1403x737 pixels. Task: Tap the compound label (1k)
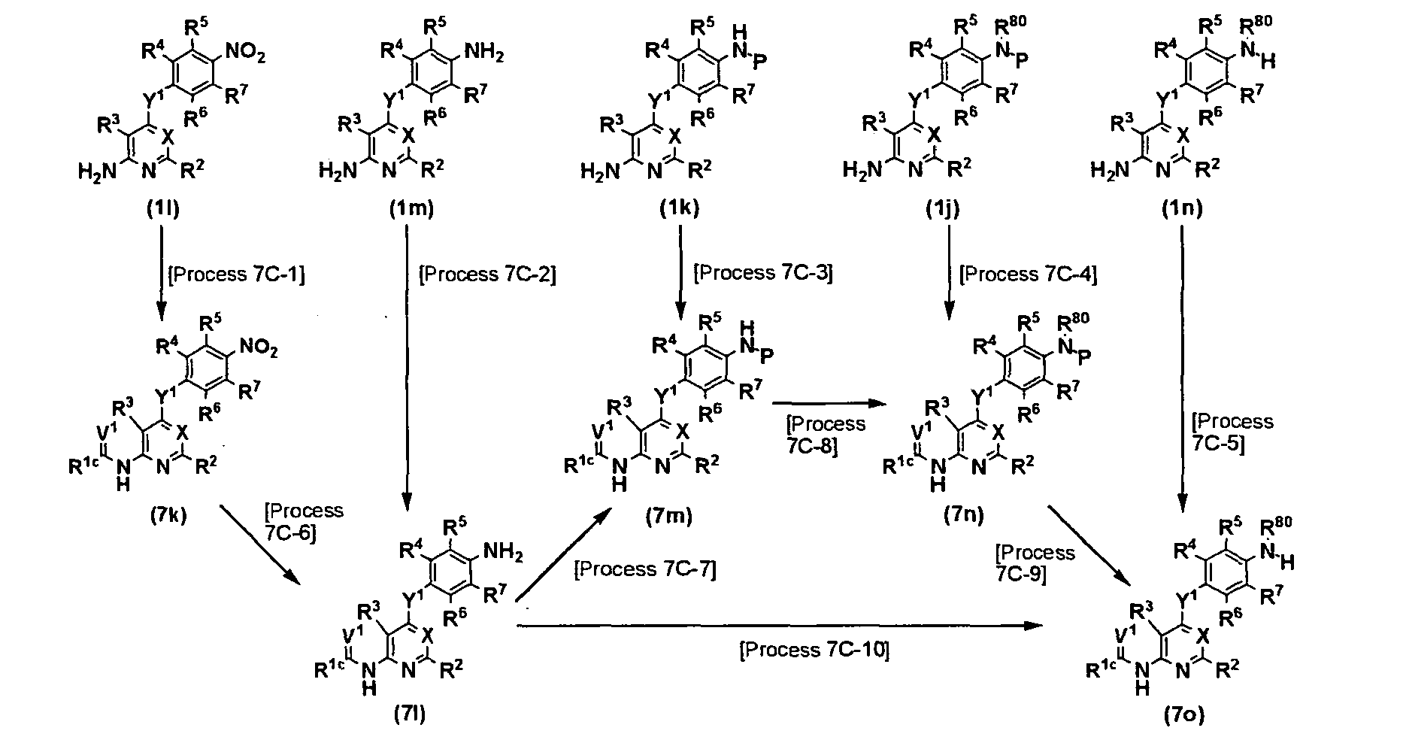pos(680,209)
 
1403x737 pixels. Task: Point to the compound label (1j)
pos(943,209)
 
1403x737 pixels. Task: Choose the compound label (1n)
pos(1181,209)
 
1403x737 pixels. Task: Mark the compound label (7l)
pos(410,714)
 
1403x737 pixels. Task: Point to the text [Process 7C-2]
pos(487,274)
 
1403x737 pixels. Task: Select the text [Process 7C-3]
pos(763,272)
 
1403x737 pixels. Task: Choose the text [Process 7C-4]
pos(1028,274)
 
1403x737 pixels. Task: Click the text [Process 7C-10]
pos(814,649)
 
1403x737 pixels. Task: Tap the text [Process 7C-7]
pos(644,569)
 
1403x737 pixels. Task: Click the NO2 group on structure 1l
pos(245,54)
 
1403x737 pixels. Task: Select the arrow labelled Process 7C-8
pos(825,404)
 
